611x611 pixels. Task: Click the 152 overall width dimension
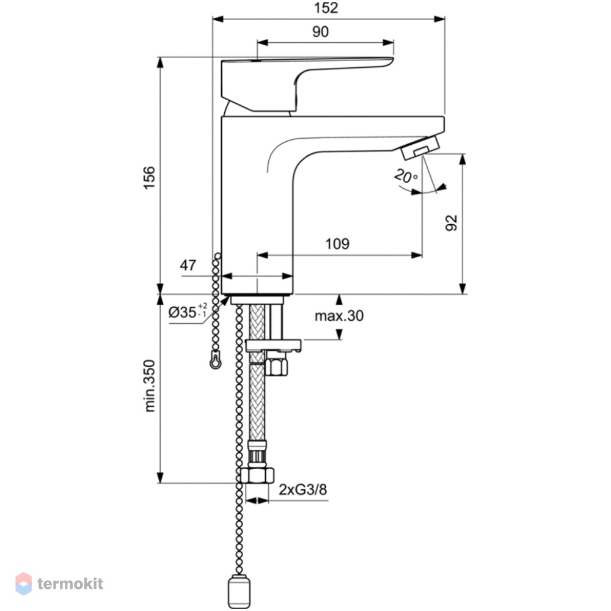pos(326,8)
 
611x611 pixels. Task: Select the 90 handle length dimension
pos(320,32)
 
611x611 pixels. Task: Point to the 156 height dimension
pos(149,178)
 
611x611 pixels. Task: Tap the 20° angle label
pos(406,176)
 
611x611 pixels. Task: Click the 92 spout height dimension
pos(452,223)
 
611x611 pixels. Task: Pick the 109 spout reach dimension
pos(337,244)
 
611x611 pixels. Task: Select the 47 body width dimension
pos(188,265)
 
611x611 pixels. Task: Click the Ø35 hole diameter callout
pos(188,312)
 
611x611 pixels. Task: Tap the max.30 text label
pos(339,316)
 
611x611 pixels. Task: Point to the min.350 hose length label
pos(150,386)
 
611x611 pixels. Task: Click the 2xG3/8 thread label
pos(303,489)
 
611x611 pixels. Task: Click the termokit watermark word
pos(70,584)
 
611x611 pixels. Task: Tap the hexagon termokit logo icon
pos(23,584)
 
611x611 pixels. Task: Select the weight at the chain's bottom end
pos(238,591)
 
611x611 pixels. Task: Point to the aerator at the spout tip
pos(421,146)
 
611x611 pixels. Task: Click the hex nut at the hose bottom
pos(257,475)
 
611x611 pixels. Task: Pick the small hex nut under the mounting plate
pos(276,366)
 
